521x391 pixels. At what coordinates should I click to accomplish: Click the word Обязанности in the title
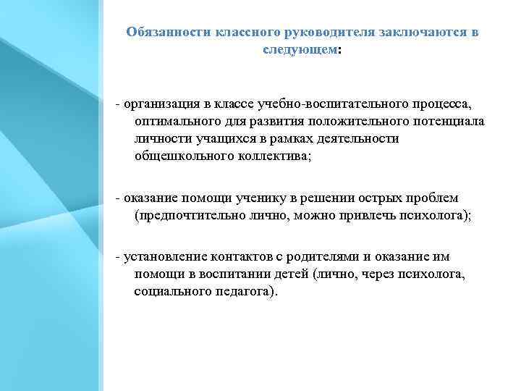(169, 33)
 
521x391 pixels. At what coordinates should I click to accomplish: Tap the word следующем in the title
(299, 51)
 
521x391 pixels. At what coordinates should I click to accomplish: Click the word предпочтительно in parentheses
(184, 215)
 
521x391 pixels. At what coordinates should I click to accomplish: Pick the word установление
(166, 257)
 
